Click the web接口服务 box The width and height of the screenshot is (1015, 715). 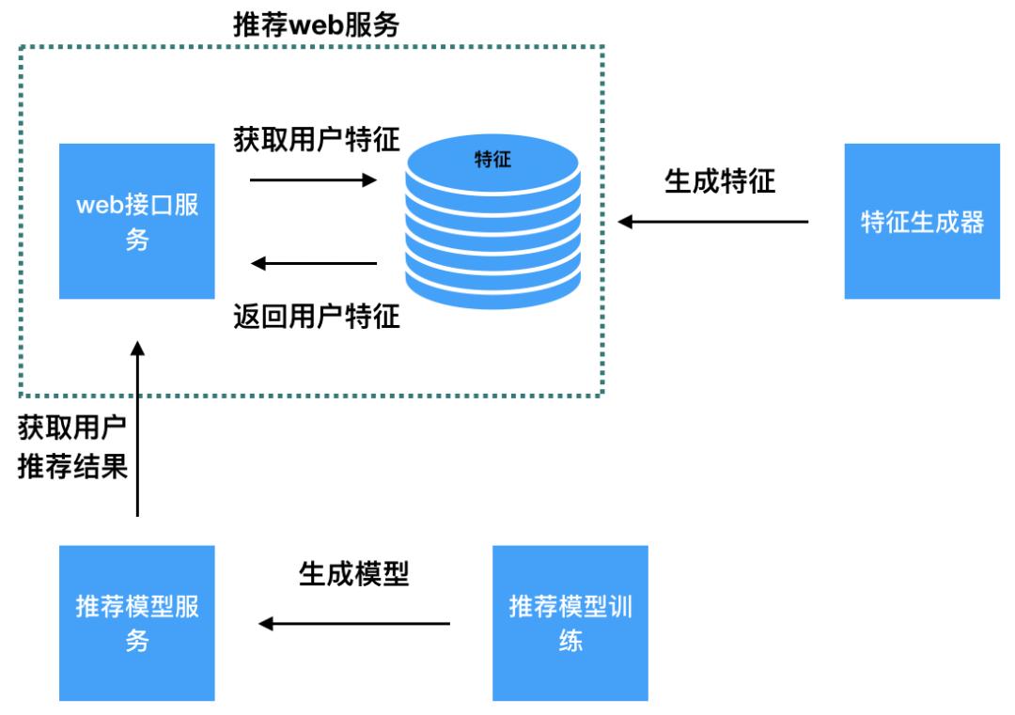pyautogui.click(x=136, y=221)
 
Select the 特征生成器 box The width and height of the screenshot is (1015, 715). pyautogui.click(x=922, y=221)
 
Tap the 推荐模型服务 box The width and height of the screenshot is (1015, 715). pyautogui.click(x=136, y=623)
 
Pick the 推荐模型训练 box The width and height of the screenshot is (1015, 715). pyautogui.click(x=570, y=623)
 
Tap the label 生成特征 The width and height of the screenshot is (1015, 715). pyautogui.click(x=720, y=180)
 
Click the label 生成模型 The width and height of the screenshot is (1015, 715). pyautogui.click(x=354, y=573)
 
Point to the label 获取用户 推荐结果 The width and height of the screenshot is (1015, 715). pyautogui.click(x=72, y=449)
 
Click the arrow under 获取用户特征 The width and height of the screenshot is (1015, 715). pyautogui.click(x=313, y=179)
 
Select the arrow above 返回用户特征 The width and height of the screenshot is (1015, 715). pyautogui.click(x=314, y=264)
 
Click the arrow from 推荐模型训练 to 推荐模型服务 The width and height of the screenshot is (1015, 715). pyautogui.click(x=354, y=623)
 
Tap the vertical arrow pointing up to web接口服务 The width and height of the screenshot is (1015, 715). pyautogui.click(x=137, y=427)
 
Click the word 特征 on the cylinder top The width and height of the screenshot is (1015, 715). pyautogui.click(x=492, y=160)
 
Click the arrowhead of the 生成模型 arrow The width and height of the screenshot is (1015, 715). pyautogui.click(x=266, y=623)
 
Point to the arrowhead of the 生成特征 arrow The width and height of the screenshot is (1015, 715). pyautogui.click(x=625, y=222)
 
